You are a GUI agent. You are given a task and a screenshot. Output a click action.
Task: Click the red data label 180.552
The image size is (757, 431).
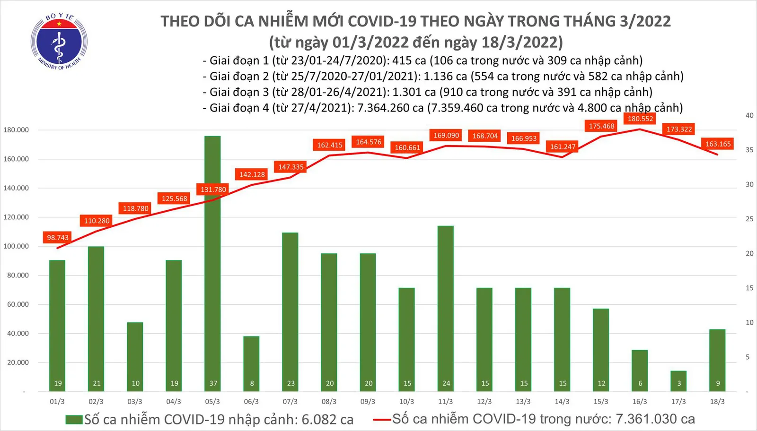coord(640,119)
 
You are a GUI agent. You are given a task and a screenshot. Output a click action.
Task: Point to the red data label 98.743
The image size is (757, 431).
coord(58,238)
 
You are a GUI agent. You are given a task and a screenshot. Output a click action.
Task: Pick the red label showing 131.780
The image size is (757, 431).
coord(213,190)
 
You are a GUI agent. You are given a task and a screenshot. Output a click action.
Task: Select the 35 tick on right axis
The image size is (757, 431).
coord(749,150)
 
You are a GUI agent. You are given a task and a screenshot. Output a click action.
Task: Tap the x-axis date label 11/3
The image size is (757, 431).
coord(445,402)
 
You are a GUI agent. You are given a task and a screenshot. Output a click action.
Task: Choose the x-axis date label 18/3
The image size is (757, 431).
coord(717,402)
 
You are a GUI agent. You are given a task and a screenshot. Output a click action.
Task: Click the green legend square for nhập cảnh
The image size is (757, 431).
coord(74,420)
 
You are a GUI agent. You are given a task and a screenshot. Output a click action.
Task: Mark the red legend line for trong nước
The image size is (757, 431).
coord(382,419)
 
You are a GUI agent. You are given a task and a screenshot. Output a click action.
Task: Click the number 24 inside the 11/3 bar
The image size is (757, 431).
coord(446,383)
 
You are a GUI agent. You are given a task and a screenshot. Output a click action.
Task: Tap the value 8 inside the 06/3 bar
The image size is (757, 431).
coord(252,383)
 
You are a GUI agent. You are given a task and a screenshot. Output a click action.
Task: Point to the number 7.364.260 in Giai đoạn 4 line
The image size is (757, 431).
coord(390,108)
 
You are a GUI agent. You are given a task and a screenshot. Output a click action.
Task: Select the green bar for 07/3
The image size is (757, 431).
coord(290,312)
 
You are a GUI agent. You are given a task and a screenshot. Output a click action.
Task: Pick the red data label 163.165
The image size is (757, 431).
coord(718,144)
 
